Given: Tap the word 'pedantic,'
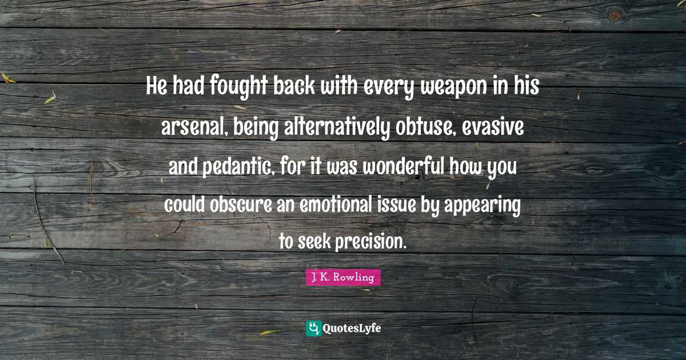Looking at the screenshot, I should coord(237,167).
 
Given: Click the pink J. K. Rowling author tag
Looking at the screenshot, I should coord(343,278).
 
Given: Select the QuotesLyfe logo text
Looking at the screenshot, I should coord(352,329).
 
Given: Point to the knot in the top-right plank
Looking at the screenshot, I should coord(615,16).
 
